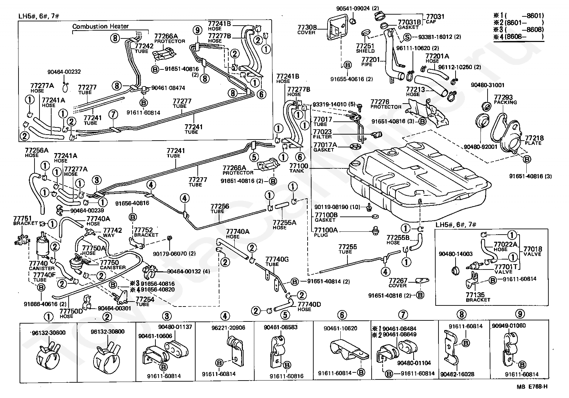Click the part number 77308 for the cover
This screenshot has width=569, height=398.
click(307, 27)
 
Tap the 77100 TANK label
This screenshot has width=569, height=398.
click(299, 168)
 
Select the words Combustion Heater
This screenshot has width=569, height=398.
click(100, 26)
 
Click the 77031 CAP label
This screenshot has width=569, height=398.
click(435, 19)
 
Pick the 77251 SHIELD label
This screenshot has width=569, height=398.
click(365, 48)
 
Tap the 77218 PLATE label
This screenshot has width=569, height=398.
click(534, 140)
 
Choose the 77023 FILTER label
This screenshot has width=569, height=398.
click(322, 134)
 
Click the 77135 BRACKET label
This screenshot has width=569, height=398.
click(478, 297)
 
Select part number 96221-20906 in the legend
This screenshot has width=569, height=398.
click(228, 328)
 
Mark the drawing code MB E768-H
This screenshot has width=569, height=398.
click(532, 387)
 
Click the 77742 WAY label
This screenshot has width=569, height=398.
click(112, 232)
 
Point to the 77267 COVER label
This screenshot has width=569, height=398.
click(398, 283)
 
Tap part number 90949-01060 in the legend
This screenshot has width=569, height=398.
click(509, 325)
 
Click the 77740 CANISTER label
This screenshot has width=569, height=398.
click(42, 266)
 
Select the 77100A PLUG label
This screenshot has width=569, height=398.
click(326, 232)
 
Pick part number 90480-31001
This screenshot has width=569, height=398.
click(488, 85)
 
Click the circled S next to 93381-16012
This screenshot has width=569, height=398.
click(408, 37)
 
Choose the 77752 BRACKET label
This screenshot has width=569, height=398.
click(146, 232)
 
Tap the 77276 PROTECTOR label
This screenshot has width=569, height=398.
click(385, 104)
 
